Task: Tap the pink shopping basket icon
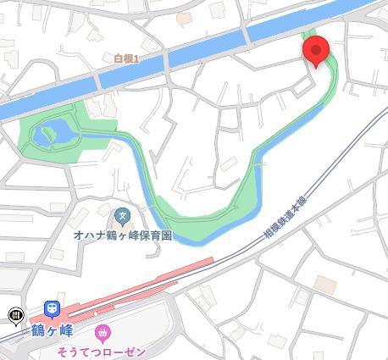[x=103, y=332]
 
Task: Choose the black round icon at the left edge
[x=14, y=316]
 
